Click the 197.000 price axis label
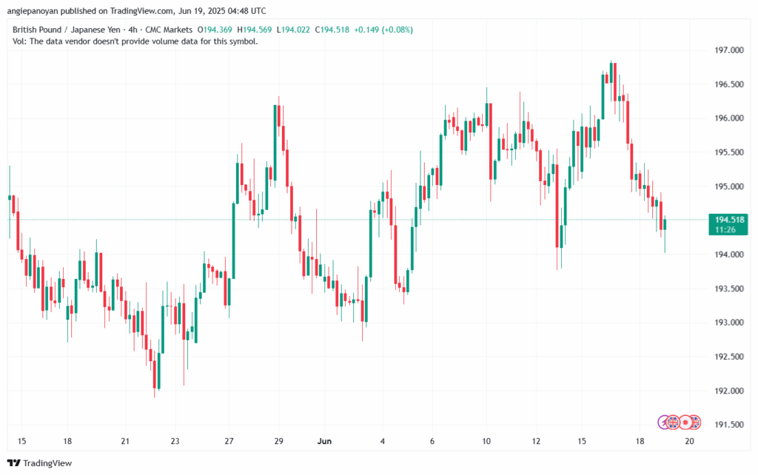tap(729, 50)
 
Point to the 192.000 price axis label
tap(729, 391)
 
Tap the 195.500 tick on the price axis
tap(729, 152)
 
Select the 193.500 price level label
tap(729, 289)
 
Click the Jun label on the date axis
tap(324, 441)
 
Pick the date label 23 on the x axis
tap(175, 441)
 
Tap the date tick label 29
tap(278, 441)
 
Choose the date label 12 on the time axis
tap(534, 441)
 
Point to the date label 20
tap(689, 441)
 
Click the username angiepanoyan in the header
tap(36, 11)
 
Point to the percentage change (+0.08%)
tap(396, 30)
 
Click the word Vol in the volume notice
tap(20, 41)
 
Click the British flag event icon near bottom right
tap(673, 422)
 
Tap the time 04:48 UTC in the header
tap(238, 11)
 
